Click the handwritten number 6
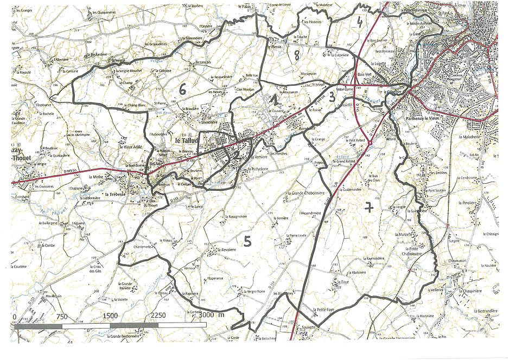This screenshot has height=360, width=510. pyautogui.click(x=183, y=90)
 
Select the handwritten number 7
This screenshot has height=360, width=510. pyautogui.click(x=369, y=207)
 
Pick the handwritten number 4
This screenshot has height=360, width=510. pyautogui.click(x=359, y=22)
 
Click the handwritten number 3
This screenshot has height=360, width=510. pyautogui.click(x=330, y=97)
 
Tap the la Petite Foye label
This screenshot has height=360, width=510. pyautogui.click(x=326, y=309)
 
